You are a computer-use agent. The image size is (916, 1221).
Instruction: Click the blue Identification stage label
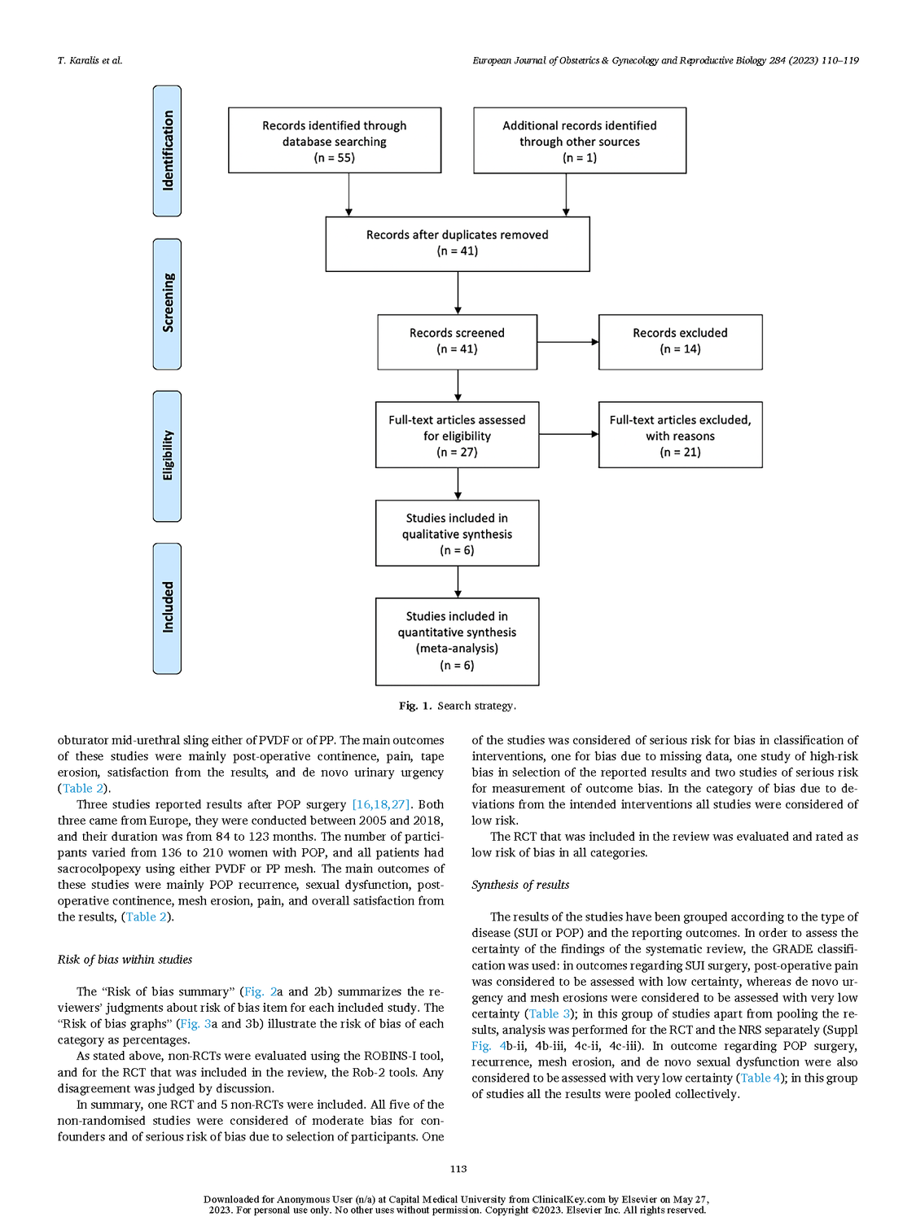coord(167,151)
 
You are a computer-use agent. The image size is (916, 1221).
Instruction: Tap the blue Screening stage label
coord(167,304)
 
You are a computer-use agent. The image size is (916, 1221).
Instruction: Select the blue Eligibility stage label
coord(167,456)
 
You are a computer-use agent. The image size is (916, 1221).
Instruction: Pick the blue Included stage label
coord(167,608)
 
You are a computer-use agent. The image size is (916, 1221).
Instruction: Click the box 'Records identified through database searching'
coord(335,140)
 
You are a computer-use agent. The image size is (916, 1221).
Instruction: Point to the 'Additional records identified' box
coord(580,140)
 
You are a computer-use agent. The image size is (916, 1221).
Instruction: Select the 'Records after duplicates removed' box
coord(457,243)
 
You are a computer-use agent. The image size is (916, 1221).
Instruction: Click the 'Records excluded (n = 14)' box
coord(680,342)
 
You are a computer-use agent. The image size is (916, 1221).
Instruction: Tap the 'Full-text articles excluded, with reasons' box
coord(680,435)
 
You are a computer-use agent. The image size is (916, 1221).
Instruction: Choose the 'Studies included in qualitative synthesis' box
coord(457,533)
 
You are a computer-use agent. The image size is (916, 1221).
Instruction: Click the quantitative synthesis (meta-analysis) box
coord(457,641)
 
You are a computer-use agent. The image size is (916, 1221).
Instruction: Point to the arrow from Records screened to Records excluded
coord(568,342)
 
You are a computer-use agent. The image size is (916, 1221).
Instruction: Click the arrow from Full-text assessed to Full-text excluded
coord(569,434)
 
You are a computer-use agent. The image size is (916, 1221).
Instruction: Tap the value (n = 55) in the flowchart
coord(335,157)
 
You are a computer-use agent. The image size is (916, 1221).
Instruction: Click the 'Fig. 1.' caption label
coord(415,706)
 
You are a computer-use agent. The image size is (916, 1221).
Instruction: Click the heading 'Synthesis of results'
coord(520,885)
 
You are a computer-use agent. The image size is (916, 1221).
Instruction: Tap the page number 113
coord(458,1169)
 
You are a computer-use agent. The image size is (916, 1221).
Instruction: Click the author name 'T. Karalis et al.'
coord(90,60)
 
